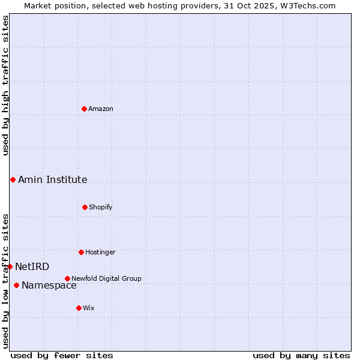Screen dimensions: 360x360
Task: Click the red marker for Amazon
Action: pos(84,109)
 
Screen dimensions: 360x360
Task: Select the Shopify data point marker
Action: pos(85,207)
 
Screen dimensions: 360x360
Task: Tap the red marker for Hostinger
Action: pos(81,252)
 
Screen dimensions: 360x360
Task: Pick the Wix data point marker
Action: pos(79,308)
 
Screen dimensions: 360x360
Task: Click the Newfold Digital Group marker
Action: pos(67,278)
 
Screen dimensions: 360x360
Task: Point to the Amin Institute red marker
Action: pos(13,179)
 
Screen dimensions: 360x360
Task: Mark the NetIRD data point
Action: pos(10,266)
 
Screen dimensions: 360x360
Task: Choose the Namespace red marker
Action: pos(16,285)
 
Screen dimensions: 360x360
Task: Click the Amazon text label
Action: pos(101,109)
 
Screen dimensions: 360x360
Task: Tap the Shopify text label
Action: pos(101,207)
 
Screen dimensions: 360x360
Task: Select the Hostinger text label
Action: pos(100,252)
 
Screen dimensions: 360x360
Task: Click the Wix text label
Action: pos(89,308)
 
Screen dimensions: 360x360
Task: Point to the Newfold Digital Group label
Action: pos(106,278)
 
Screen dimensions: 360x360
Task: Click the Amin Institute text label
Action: pos(53,179)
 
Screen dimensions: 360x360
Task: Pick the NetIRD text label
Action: pos(32,266)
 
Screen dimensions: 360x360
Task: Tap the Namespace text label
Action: pos(49,285)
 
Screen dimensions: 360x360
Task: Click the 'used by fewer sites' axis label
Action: pos(62,355)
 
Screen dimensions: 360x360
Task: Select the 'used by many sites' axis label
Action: pos(301,355)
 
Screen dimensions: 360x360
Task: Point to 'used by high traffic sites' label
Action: pos(5,85)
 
